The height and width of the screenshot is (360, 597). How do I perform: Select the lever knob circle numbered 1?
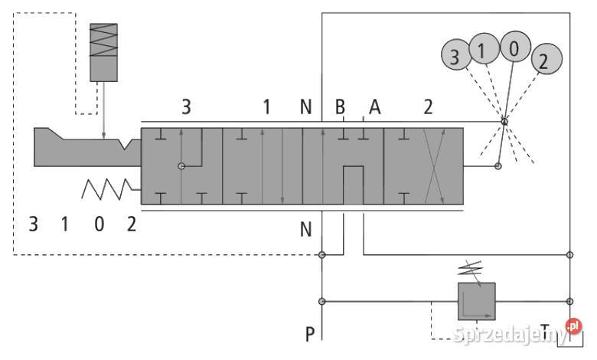tap(484, 49)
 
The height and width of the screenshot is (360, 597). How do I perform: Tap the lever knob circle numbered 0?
tap(515, 47)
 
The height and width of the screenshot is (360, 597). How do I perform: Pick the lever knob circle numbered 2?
tap(546, 59)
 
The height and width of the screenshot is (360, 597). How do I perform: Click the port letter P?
tap(310, 334)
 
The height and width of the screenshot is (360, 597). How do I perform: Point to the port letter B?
tap(340, 107)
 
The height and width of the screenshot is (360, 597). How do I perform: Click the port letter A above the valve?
tap(374, 107)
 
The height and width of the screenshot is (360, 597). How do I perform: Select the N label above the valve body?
tap(305, 107)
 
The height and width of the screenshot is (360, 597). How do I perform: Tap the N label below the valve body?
tap(305, 229)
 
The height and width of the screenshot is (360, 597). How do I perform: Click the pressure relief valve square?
tap(476, 301)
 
